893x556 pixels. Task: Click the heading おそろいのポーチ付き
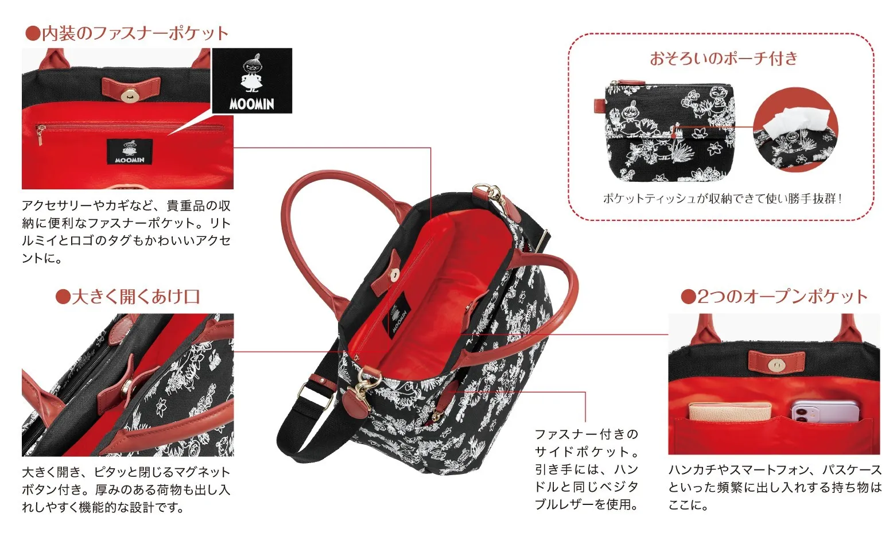724,59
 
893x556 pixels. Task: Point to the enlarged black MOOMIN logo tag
252,81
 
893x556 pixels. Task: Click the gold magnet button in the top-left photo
130,96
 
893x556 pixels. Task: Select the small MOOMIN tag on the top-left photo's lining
130,152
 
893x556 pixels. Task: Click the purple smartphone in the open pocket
825,411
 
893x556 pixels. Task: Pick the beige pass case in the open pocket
729,411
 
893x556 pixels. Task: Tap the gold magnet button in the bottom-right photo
776,365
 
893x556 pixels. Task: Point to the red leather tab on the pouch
600,106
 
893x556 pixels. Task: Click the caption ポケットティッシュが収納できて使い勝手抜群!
723,199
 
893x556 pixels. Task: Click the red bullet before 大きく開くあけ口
63,297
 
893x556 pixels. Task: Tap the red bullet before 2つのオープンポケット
689,297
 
